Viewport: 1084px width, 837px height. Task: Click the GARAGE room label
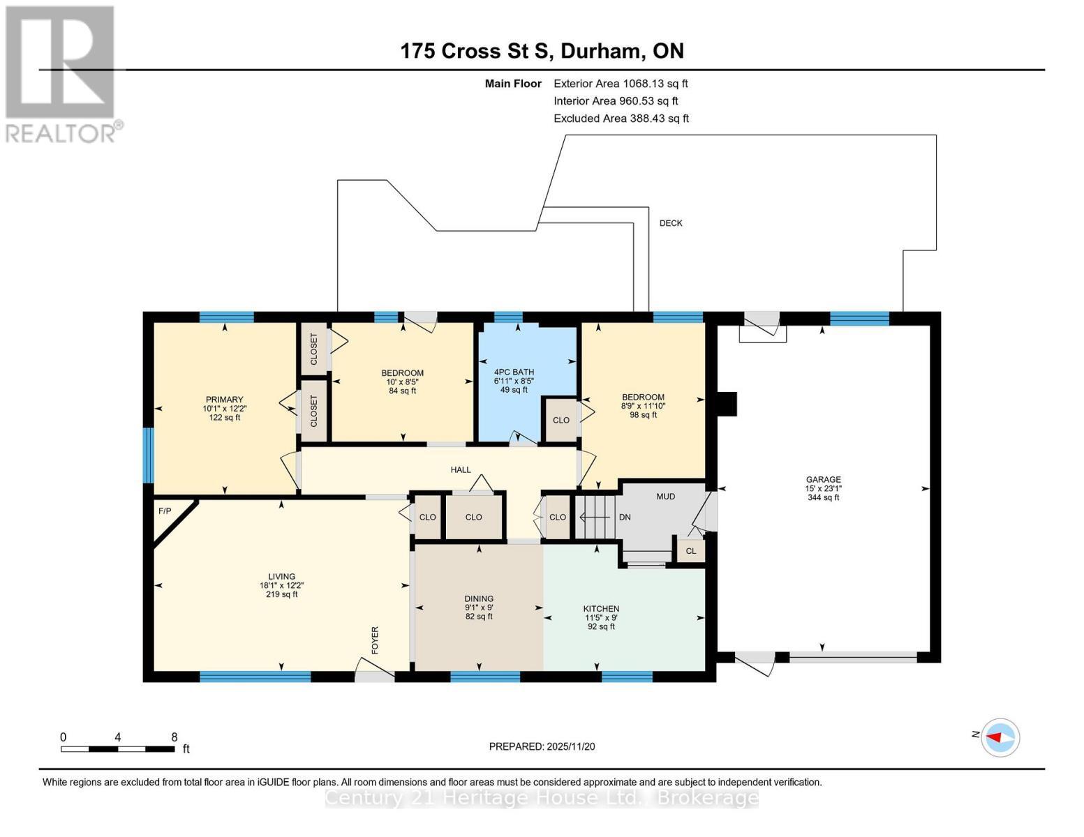click(x=823, y=479)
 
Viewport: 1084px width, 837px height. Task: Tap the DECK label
click(x=671, y=223)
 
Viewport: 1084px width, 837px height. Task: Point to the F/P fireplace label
click(x=165, y=511)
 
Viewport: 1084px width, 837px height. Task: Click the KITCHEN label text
click(x=601, y=609)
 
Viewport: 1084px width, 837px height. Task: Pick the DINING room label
click(x=479, y=598)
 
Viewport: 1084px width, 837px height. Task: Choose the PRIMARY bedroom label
click(x=224, y=400)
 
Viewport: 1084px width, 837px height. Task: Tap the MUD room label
click(x=665, y=497)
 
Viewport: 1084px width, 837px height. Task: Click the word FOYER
click(x=375, y=640)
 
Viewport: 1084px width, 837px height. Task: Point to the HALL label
click(x=461, y=469)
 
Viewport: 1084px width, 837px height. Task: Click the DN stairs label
click(x=625, y=517)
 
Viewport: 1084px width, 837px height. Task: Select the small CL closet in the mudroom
click(x=691, y=551)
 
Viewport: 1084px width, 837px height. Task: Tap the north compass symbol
click(x=1001, y=737)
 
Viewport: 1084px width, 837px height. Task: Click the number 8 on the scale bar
click(x=174, y=737)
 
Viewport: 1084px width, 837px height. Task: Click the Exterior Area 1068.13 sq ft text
click(x=621, y=84)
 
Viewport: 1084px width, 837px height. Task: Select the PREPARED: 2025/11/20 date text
click(x=542, y=746)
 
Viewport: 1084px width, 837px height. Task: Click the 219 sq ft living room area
click(x=281, y=594)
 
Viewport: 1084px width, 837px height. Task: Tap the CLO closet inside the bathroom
click(x=561, y=420)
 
